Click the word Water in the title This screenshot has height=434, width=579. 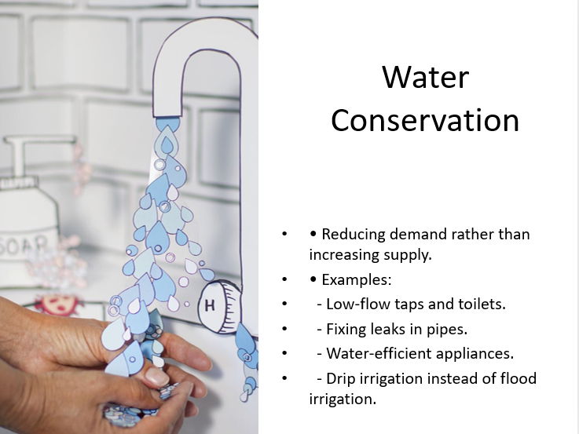[425, 77]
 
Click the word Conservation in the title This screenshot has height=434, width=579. [425, 120]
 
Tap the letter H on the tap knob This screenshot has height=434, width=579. [211, 305]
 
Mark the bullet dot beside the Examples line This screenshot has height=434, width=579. [284, 280]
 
